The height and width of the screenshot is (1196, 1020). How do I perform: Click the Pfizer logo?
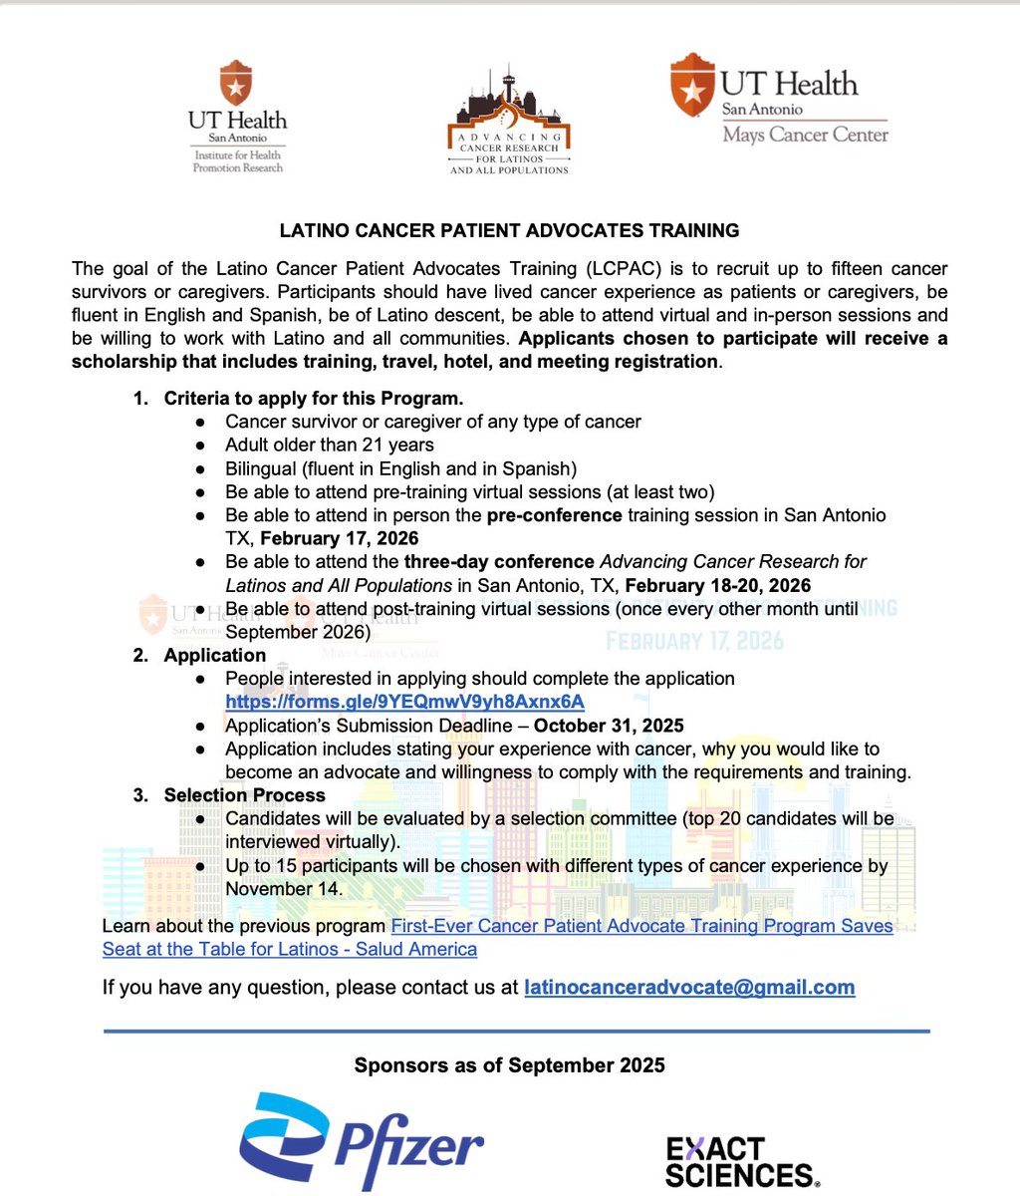pyautogui.click(x=361, y=1141)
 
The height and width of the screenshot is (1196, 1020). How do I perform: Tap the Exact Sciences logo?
pyautogui.click(x=743, y=1161)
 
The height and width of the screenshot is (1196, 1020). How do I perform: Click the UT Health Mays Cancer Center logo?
pyautogui.click(x=779, y=100)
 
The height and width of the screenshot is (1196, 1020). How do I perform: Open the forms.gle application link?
pyautogui.click(x=404, y=702)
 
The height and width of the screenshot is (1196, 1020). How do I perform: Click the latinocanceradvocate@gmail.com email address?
pyautogui.click(x=689, y=988)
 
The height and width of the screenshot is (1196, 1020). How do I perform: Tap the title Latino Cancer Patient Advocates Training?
pyautogui.click(x=509, y=230)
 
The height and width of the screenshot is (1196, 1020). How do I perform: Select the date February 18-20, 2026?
pyautogui.click(x=717, y=585)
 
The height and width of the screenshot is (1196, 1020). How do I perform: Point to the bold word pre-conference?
pyautogui.click(x=554, y=515)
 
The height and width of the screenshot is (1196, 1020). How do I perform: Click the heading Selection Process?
pyautogui.click(x=244, y=795)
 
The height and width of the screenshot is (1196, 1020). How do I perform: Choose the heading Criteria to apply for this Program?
pyautogui.click(x=314, y=398)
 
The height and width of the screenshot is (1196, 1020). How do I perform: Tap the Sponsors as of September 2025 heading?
pyautogui.click(x=509, y=1065)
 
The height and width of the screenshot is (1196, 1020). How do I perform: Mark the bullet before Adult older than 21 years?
pyautogui.click(x=202, y=446)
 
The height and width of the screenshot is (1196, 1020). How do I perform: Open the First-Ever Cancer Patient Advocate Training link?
pyautogui.click(x=641, y=926)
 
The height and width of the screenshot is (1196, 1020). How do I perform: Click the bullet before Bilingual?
pyautogui.click(x=202, y=468)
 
